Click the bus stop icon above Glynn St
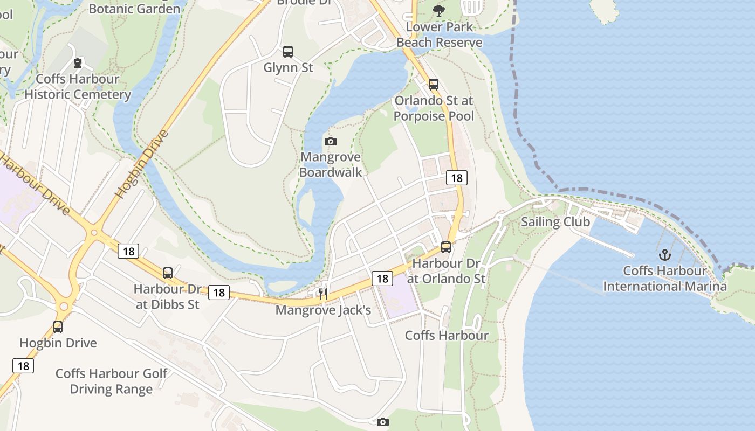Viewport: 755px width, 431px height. [x=288, y=52]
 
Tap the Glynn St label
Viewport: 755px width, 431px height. [x=288, y=68]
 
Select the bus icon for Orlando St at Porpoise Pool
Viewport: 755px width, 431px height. [x=434, y=84]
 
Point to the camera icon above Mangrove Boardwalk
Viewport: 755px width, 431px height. [x=331, y=141]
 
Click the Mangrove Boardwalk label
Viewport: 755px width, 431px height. [x=331, y=164]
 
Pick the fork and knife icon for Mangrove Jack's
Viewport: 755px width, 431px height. [x=322, y=294]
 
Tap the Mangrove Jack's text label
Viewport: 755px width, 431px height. [x=323, y=310]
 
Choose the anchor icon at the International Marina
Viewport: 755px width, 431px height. [x=664, y=254]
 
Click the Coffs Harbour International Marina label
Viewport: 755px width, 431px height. [x=664, y=278]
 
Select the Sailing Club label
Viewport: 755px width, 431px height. [x=555, y=222]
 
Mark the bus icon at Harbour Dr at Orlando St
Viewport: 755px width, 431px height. [x=446, y=247]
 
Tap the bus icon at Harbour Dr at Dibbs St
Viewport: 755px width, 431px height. [x=168, y=273]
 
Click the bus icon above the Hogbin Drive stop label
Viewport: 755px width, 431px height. [x=58, y=326]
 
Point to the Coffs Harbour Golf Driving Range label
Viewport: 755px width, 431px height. [x=111, y=381]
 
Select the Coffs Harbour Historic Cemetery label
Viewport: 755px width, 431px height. [x=78, y=87]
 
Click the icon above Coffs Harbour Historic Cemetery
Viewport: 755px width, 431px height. [x=78, y=63]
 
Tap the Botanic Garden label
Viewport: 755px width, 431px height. [x=134, y=9]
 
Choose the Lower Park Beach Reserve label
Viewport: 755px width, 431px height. [x=440, y=34]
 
